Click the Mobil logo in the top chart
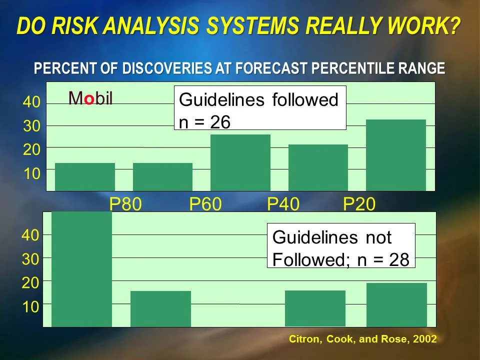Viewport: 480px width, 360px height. coord(90,98)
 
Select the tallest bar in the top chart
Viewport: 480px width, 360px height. coord(396,155)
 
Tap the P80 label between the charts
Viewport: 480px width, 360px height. coord(125,204)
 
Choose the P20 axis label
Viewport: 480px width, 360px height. coord(359,204)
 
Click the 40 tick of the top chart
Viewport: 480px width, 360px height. coord(31,103)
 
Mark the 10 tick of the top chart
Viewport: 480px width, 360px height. coord(31,174)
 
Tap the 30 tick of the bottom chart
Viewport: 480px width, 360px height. coord(30,258)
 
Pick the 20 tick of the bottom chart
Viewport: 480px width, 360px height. coord(30,283)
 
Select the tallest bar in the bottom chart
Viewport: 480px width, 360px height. coord(81,269)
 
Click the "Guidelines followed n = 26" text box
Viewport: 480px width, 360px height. coord(260,108)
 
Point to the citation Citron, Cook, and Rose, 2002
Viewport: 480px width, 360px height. coord(363,339)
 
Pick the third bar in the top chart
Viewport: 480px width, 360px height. coord(240,162)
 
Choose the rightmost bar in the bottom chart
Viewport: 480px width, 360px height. coord(396,304)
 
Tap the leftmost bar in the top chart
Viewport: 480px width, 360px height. coord(85,176)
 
